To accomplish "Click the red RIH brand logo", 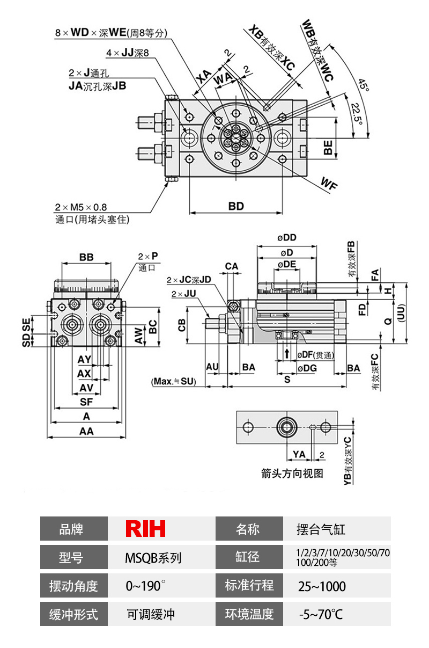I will click(145, 529).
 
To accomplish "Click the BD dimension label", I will click(236, 206).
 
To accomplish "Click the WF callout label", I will click(329, 184).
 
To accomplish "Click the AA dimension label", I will click(86, 431).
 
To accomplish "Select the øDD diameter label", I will click(287, 238).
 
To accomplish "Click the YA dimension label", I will click(299, 454).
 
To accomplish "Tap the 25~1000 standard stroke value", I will click(322, 586).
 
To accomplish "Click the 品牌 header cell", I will click(74, 529).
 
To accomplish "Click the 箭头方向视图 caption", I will click(292, 474).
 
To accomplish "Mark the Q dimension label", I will click(387, 320).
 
